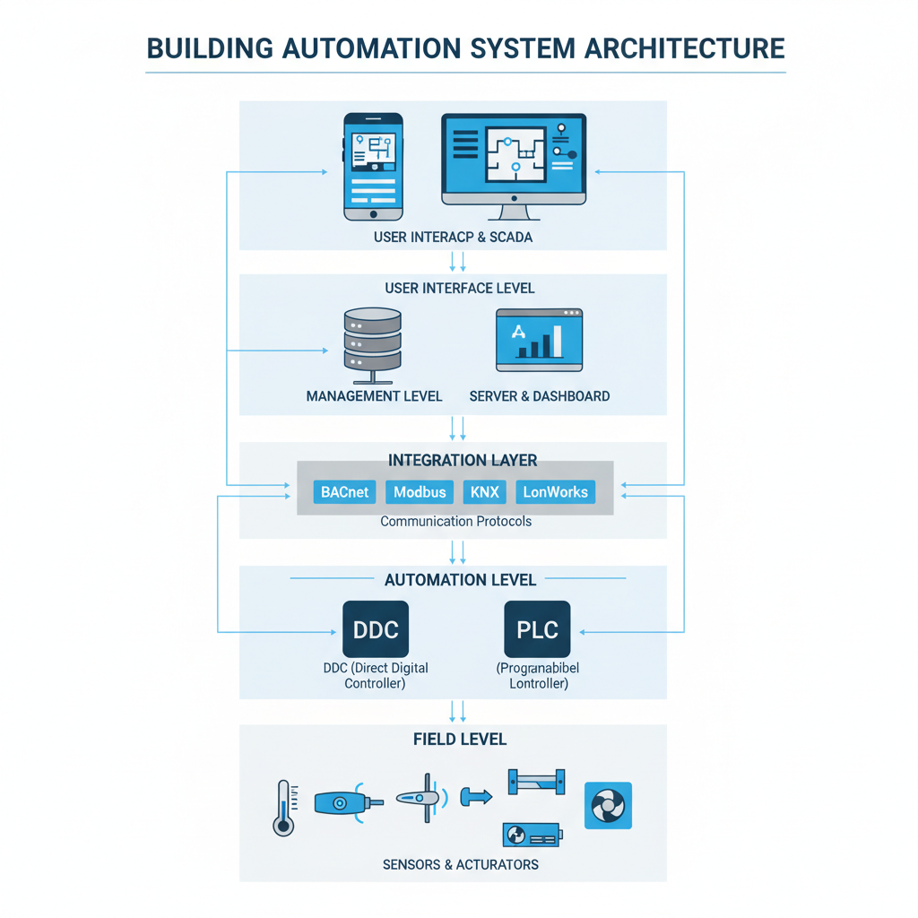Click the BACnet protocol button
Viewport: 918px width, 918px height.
[344, 492]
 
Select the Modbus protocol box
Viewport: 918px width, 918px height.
[420, 492]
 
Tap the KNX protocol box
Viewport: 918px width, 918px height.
[484, 492]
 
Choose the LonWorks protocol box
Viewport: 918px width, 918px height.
[555, 492]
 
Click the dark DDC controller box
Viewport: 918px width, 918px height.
[376, 630]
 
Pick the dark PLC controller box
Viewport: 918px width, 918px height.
[537, 630]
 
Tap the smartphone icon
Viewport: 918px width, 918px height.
[374, 167]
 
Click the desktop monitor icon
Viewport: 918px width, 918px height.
[514, 166]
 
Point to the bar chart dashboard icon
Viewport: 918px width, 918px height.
[539, 341]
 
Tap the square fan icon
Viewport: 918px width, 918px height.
[608, 805]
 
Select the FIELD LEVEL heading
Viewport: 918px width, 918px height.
[460, 740]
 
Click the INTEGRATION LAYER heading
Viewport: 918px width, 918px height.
[463, 460]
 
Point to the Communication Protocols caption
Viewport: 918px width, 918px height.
[455, 521]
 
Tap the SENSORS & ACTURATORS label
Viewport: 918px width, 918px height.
[461, 864]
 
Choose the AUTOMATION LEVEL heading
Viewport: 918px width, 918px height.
[460, 580]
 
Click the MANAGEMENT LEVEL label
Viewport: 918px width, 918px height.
[374, 395]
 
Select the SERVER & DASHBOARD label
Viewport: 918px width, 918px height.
[540, 395]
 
